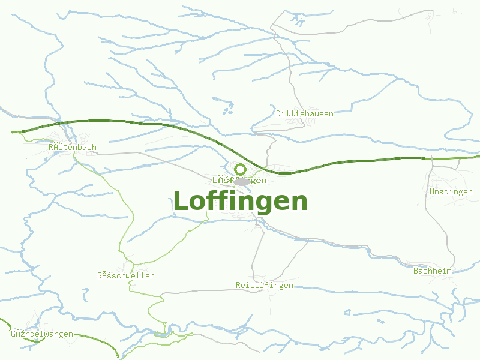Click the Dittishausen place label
[305, 113]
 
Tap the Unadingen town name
[451, 192]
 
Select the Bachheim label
[432, 271]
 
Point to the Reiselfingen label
[265, 286]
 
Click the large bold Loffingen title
[240, 202]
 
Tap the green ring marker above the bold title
[241, 169]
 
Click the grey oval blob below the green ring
[241, 181]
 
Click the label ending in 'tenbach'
[72, 147]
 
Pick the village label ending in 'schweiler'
[125, 276]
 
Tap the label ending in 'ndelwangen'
[42, 334]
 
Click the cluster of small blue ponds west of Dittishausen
[229, 108]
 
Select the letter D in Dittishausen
[279, 113]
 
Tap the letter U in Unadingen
[433, 192]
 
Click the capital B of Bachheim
[416, 271]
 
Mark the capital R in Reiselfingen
[239, 286]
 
